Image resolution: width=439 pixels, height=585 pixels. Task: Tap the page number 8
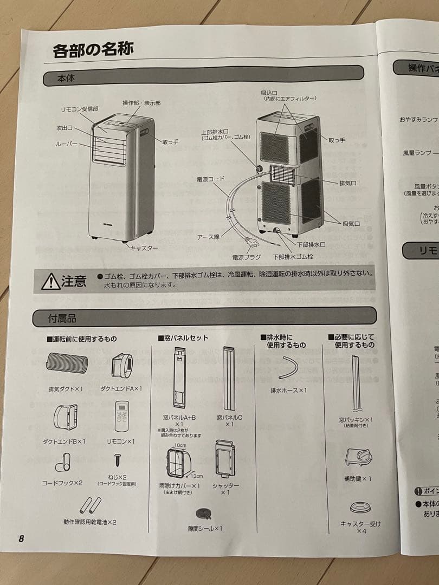click(x=21, y=538)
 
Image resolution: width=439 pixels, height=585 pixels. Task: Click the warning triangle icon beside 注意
click(x=51, y=282)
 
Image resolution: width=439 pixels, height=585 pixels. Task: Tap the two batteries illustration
click(x=90, y=505)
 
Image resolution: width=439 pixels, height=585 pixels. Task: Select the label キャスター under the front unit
click(x=144, y=248)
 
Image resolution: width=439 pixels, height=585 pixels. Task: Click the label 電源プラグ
click(x=247, y=257)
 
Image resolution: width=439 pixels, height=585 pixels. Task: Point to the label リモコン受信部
click(x=81, y=109)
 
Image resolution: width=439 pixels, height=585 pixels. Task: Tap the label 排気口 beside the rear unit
click(x=347, y=183)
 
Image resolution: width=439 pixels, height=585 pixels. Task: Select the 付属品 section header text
click(x=62, y=318)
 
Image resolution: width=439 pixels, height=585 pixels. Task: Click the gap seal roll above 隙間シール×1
click(x=205, y=513)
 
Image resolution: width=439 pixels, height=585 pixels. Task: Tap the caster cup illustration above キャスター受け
click(x=360, y=508)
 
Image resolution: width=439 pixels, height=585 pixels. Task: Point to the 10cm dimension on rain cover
click(x=180, y=446)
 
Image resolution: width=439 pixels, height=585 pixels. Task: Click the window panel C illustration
click(x=229, y=379)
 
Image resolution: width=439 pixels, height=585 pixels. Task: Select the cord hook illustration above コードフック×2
click(x=62, y=464)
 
